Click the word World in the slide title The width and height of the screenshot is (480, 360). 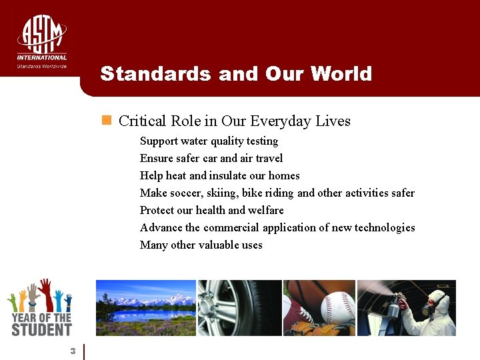click(340, 73)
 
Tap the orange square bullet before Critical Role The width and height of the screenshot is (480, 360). click(105, 120)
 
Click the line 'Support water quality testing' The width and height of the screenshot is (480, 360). click(209, 141)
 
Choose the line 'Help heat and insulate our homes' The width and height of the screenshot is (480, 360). click(219, 175)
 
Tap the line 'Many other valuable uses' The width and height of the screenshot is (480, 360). click(201, 245)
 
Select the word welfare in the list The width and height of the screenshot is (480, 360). click(266, 210)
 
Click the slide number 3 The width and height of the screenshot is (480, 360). click(73, 351)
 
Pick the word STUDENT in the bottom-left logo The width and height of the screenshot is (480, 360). click(41, 329)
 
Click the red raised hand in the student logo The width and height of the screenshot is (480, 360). click(45, 291)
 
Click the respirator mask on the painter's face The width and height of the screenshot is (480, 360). click(428, 309)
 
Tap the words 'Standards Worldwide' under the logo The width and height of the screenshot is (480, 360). click(41, 66)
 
